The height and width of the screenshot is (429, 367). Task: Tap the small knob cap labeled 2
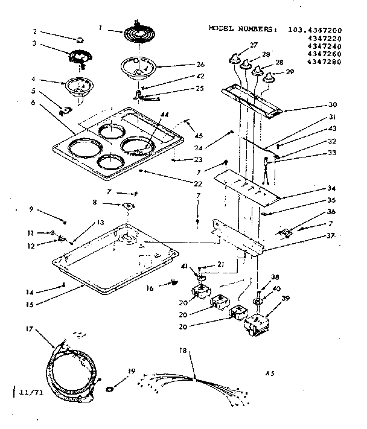(x=80, y=38)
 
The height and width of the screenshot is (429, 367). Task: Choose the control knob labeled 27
(x=234, y=58)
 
